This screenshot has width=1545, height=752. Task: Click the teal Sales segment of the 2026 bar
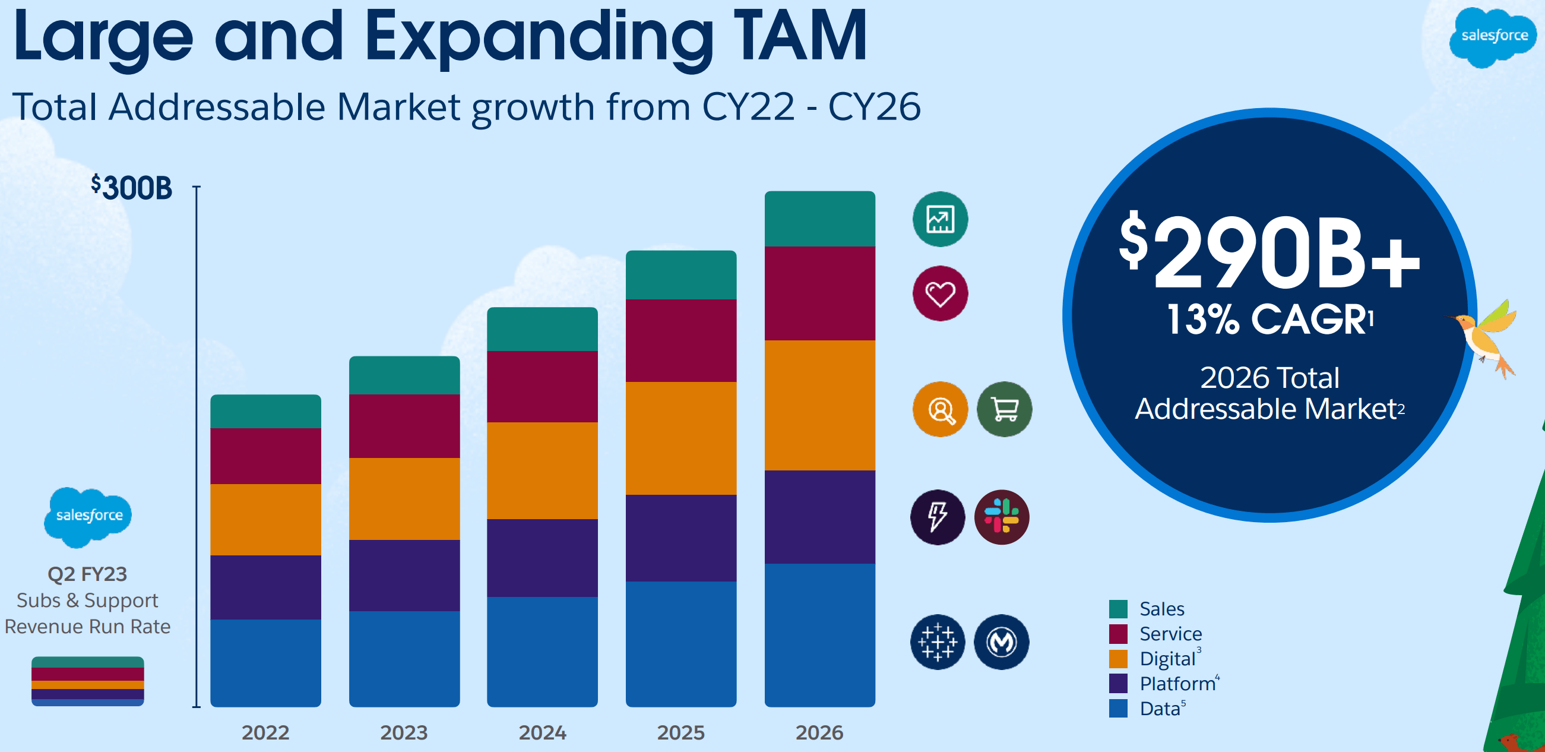[x=819, y=219]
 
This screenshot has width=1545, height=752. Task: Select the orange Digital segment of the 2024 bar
[x=542, y=470]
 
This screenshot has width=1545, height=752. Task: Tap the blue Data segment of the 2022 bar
[x=265, y=662]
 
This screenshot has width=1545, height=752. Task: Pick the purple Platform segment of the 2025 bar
[x=680, y=538]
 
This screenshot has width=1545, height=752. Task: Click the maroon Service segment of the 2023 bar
[x=404, y=426]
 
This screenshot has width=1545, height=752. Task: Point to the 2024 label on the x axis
[x=542, y=732]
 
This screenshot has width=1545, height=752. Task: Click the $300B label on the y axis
[x=132, y=188]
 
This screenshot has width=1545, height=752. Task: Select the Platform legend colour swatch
[x=1118, y=683]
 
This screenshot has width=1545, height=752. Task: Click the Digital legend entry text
[x=1167, y=658]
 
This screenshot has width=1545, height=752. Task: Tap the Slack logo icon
[x=1002, y=517]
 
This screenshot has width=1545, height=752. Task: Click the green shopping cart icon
[x=1004, y=409]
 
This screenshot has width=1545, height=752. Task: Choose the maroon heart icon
[x=940, y=293]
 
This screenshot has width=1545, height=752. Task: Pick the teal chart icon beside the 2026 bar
[x=940, y=219]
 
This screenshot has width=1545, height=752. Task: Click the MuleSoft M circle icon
[x=1001, y=642]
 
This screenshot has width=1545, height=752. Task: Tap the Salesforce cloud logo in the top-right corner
[x=1493, y=37]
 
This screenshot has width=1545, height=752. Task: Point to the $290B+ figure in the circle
[x=1269, y=252]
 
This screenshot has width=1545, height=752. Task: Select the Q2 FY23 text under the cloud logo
[x=87, y=574]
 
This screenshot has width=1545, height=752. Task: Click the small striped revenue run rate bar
[x=87, y=681]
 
